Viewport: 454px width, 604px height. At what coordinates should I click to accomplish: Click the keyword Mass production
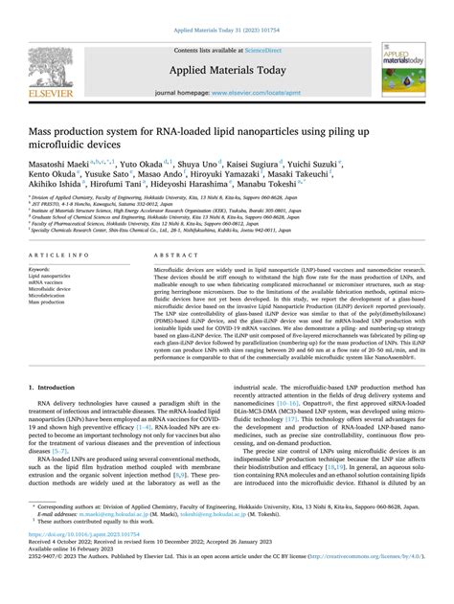54,302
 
